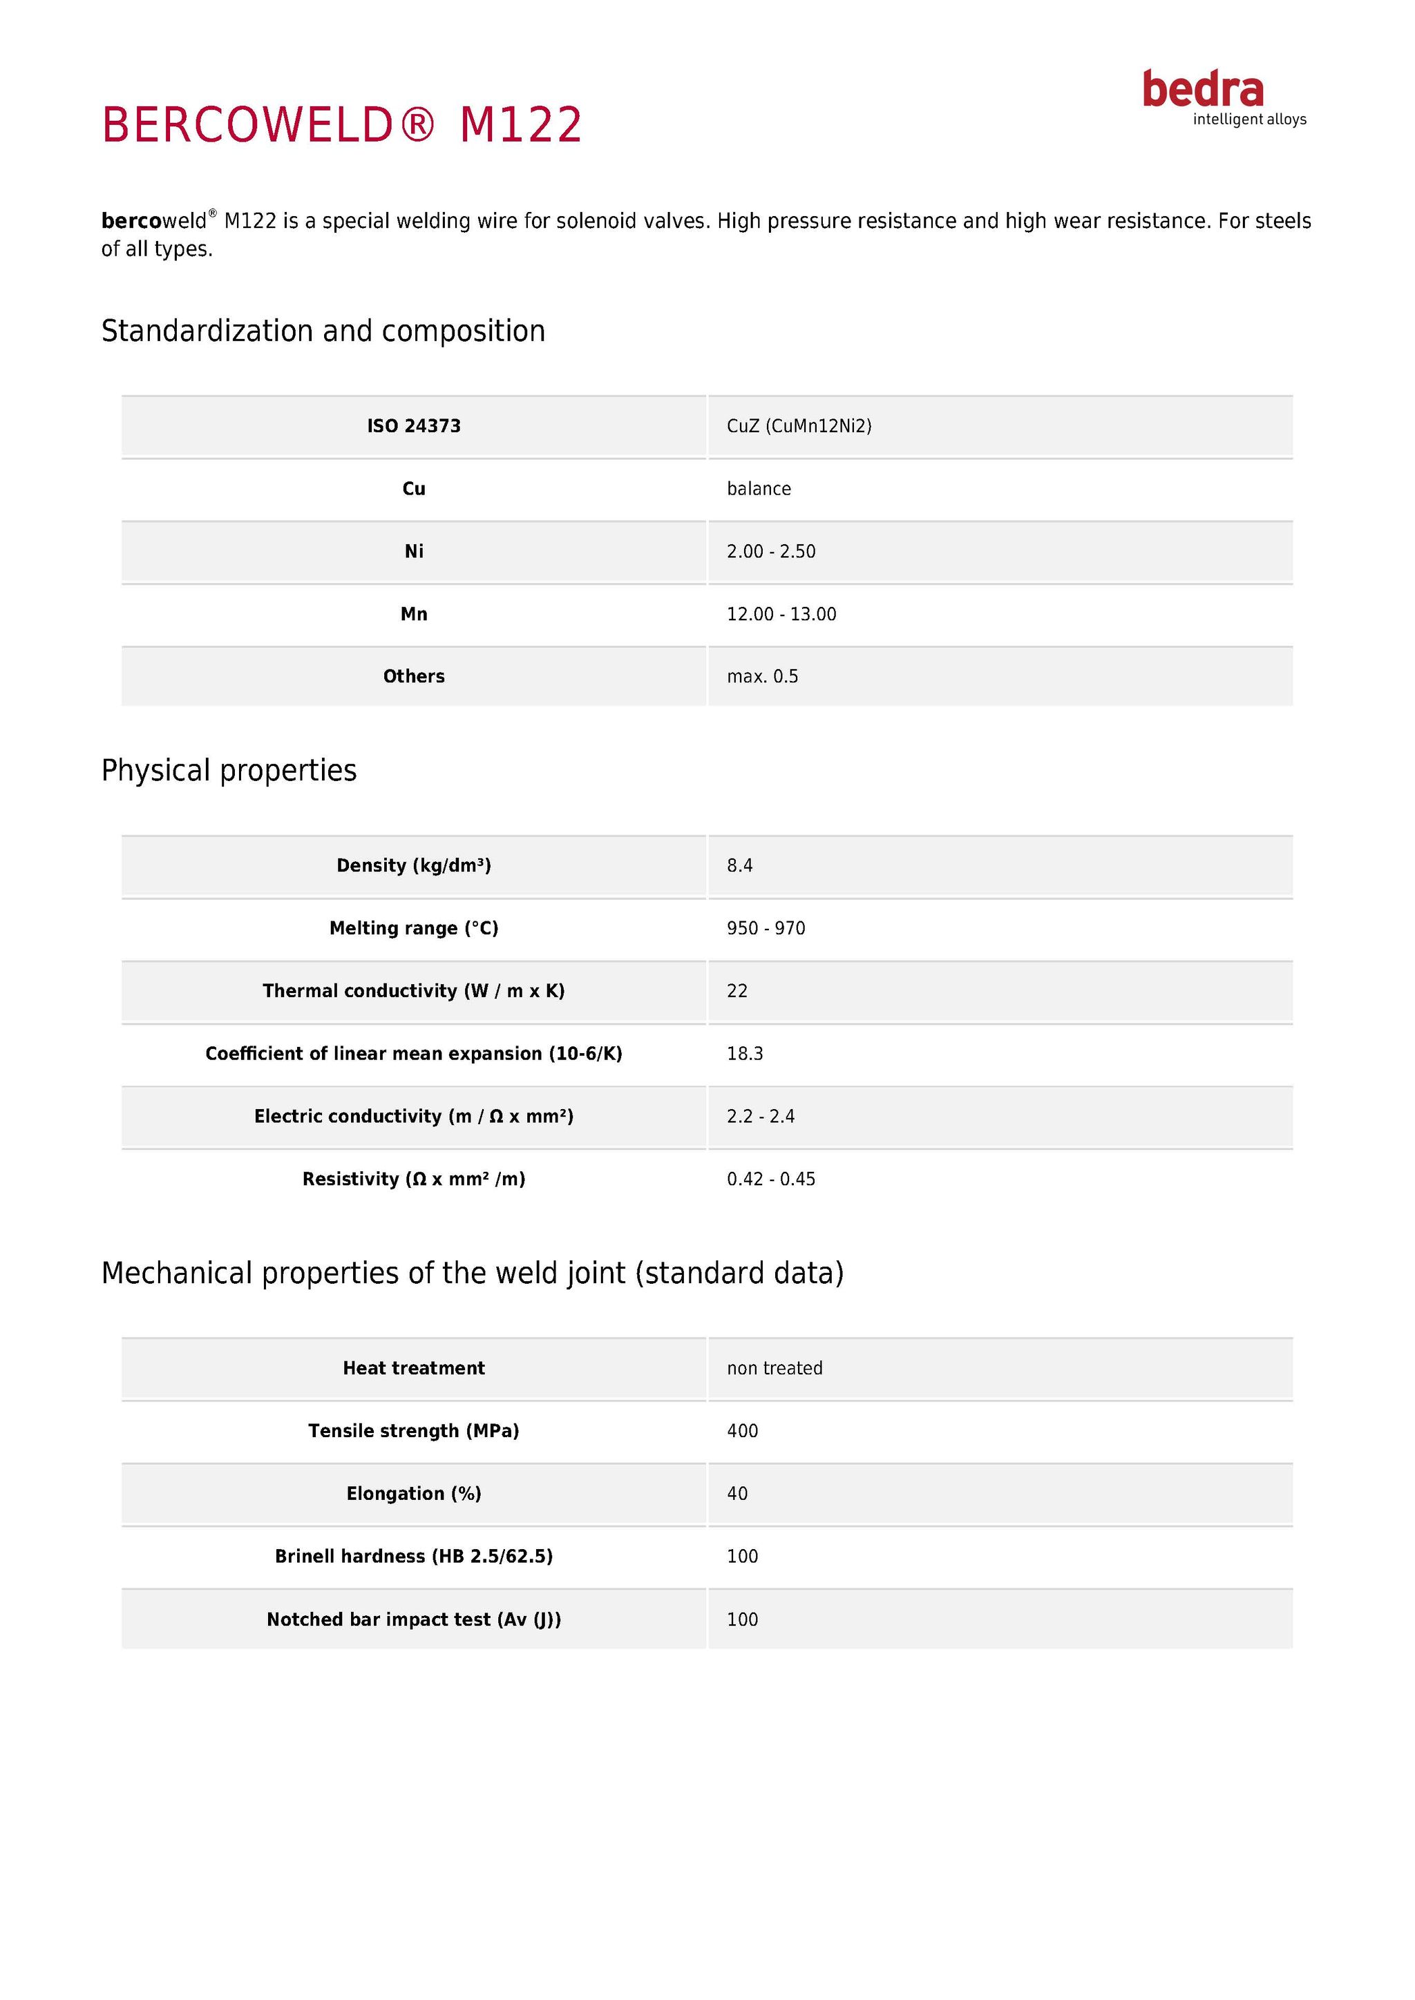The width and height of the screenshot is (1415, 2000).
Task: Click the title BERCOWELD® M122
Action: [x=341, y=124]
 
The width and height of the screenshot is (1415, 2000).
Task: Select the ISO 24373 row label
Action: [x=413, y=426]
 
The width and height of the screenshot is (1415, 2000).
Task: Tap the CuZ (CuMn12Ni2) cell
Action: [x=799, y=426]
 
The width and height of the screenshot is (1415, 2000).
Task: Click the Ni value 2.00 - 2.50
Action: [x=771, y=551]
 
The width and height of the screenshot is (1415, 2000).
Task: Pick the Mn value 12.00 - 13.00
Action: [x=781, y=614]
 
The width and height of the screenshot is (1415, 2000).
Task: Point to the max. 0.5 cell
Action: [x=762, y=677]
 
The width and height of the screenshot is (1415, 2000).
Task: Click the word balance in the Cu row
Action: [x=759, y=489]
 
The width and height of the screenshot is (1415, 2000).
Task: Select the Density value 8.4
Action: [x=740, y=866]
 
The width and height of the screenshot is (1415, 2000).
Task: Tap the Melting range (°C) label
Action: [x=413, y=929]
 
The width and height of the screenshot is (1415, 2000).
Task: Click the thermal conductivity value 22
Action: [x=737, y=991]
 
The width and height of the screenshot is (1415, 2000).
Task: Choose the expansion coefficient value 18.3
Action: [x=745, y=1054]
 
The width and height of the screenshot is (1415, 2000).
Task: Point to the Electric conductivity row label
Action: [x=413, y=1117]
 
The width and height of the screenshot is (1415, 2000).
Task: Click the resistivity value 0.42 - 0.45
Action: [x=771, y=1180]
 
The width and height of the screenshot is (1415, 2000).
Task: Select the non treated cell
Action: [x=775, y=1369]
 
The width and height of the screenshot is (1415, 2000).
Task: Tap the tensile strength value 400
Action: [x=742, y=1431]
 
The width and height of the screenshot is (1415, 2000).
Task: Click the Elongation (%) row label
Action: [x=413, y=1494]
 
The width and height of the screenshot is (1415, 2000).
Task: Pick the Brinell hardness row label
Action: [x=413, y=1557]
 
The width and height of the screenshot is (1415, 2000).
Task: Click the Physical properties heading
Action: [x=229, y=771]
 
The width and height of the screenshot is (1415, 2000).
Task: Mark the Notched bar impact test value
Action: [x=742, y=1619]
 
